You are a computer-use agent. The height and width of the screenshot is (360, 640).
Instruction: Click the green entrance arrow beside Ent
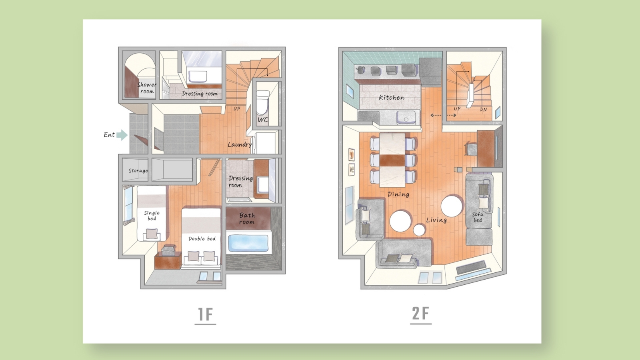tap(122, 135)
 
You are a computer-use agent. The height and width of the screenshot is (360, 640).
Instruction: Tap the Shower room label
tap(147, 88)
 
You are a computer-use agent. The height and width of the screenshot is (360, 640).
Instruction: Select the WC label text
tap(263, 120)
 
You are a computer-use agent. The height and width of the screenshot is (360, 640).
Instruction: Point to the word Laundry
tap(240, 144)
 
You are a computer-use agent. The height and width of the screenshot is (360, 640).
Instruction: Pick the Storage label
tap(138, 170)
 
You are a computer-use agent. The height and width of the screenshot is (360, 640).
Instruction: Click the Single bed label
tap(152, 216)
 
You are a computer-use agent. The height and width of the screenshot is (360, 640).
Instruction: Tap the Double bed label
tap(202, 238)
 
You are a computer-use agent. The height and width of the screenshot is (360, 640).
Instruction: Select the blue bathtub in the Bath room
tap(248, 243)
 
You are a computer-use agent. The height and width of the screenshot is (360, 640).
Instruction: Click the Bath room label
tap(247, 218)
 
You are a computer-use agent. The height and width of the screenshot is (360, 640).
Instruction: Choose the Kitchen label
tap(392, 98)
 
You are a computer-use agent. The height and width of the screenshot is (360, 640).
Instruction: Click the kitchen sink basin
tap(406, 117)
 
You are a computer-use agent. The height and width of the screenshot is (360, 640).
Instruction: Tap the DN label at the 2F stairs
tap(483, 110)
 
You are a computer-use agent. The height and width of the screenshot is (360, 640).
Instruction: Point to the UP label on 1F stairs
tap(236, 108)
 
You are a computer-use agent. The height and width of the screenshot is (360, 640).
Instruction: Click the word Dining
tap(398, 194)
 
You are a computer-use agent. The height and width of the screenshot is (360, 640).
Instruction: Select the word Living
tap(436, 220)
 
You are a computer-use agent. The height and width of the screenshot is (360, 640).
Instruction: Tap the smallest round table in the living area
tap(419, 230)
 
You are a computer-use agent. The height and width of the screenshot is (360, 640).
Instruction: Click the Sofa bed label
tap(478, 217)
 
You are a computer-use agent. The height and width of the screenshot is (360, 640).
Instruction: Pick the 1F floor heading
tap(206, 314)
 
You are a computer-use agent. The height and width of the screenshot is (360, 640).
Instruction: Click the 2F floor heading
tap(420, 313)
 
